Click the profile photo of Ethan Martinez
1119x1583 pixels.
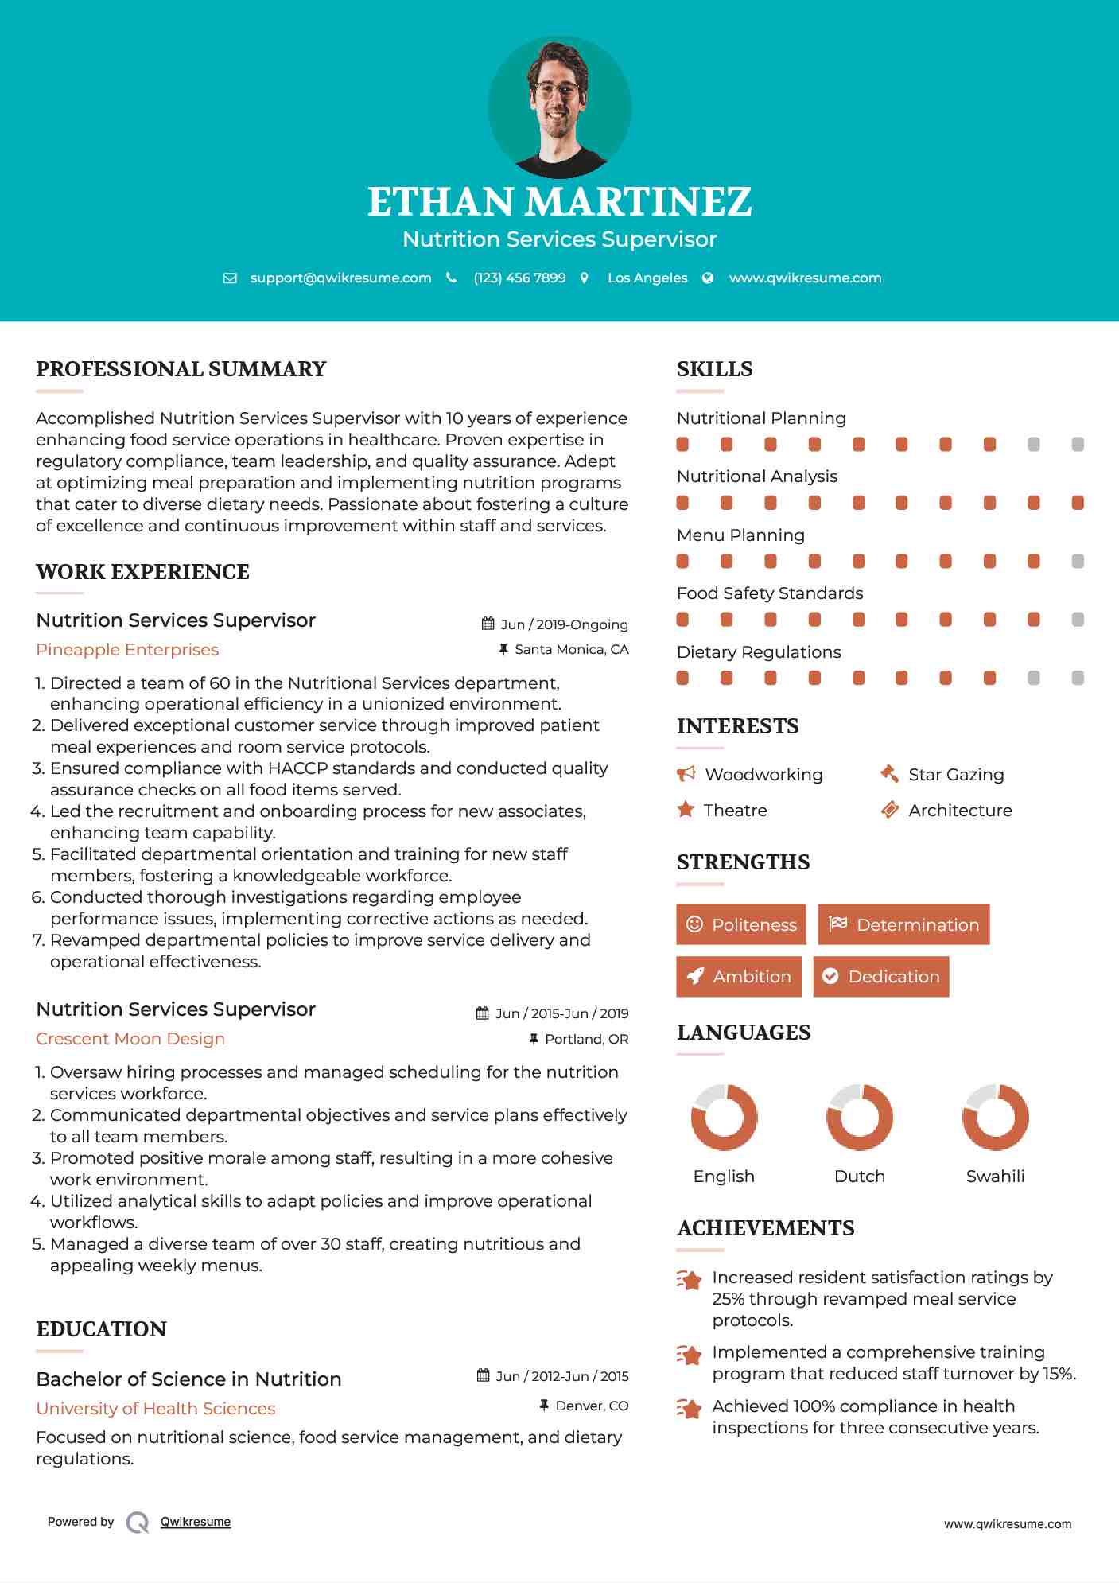559,107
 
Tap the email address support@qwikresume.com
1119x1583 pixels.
340,278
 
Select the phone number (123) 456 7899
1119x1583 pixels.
519,278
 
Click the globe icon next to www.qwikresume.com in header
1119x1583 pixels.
708,278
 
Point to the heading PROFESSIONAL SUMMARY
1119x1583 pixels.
181,369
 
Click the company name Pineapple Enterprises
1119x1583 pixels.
127,650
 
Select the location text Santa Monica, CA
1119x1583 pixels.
571,650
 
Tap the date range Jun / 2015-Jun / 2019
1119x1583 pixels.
561,1013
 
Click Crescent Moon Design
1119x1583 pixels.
130,1039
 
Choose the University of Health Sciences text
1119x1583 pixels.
156,1409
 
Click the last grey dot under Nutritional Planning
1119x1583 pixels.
1078,445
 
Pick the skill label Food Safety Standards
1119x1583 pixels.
769,593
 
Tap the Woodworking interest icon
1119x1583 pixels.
686,774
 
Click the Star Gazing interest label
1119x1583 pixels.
956,775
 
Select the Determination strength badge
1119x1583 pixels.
903,924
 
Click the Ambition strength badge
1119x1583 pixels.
739,977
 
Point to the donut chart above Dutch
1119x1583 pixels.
860,1117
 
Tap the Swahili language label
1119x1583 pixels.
995,1177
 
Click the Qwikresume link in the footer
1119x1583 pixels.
196,1522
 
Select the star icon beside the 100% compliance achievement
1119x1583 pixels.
689,1409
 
